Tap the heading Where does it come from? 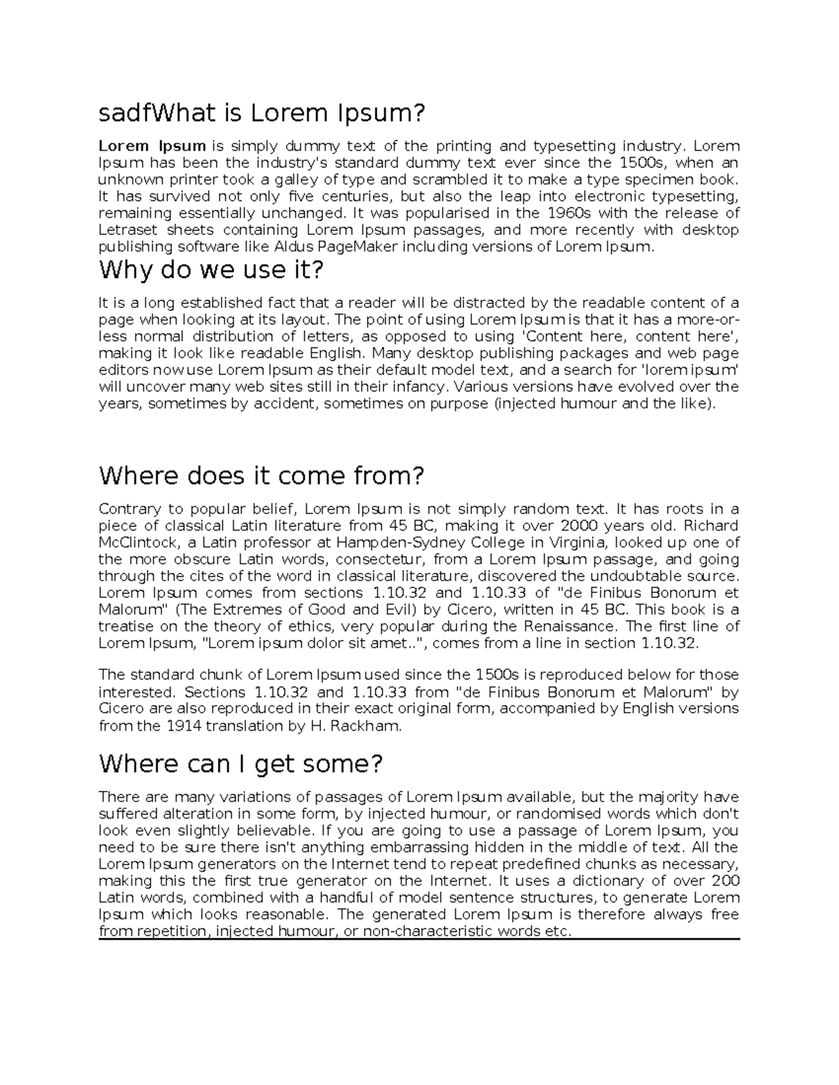(261, 476)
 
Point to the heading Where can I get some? (241, 764)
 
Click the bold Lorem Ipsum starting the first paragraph (152, 146)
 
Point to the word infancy (420, 386)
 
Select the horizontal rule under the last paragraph (419, 940)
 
